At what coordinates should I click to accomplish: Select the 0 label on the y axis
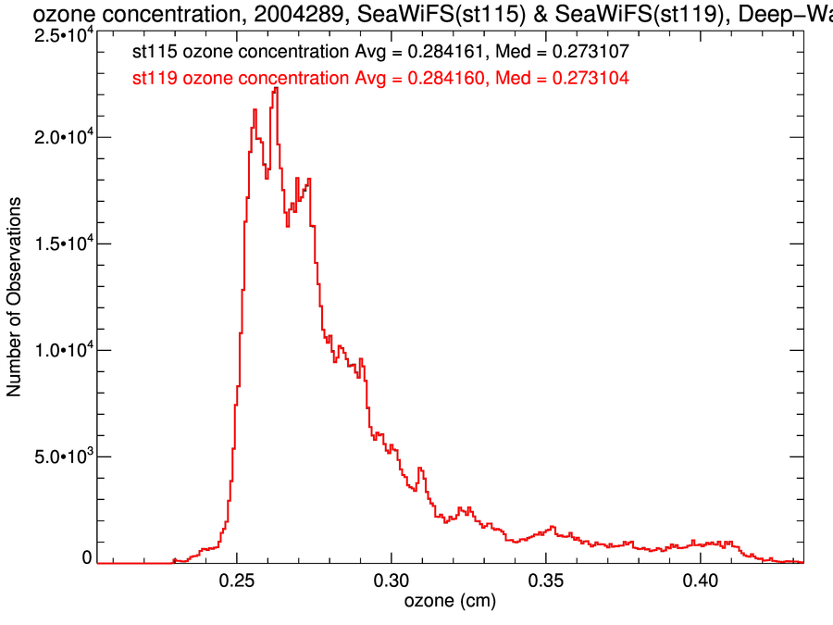[x=87, y=558]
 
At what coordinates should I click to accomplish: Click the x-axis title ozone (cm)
[x=450, y=602]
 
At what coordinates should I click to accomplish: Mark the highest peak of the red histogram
[x=275, y=89]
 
